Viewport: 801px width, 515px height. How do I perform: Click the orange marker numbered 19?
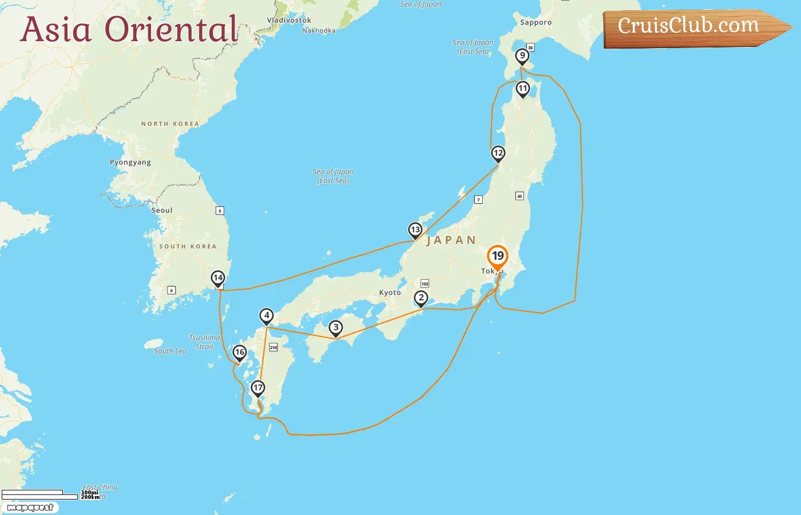click(498, 256)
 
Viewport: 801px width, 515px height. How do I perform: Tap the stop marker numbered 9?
click(522, 56)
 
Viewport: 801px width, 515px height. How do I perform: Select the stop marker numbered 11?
click(522, 89)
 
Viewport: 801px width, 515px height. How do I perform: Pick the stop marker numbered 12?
click(498, 153)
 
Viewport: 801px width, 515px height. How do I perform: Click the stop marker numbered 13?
click(415, 230)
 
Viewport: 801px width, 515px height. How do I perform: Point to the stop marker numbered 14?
click(218, 278)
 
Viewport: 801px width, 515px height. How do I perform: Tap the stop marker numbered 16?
click(240, 352)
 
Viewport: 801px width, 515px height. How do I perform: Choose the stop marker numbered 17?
click(258, 388)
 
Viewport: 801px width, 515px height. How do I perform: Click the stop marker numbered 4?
click(267, 315)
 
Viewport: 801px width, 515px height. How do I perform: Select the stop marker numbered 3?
click(336, 328)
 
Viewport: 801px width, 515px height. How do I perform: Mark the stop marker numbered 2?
click(421, 298)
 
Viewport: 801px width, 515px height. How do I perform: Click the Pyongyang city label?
click(130, 163)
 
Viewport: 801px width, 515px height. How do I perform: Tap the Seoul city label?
click(162, 211)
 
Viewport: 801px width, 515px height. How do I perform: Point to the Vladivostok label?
click(290, 21)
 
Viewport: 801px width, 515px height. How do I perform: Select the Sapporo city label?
click(536, 23)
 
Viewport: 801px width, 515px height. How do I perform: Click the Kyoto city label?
click(390, 293)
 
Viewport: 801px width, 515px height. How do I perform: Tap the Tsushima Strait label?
click(204, 342)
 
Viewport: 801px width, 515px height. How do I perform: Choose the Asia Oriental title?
click(129, 30)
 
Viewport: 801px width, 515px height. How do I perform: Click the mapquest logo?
click(30, 508)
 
